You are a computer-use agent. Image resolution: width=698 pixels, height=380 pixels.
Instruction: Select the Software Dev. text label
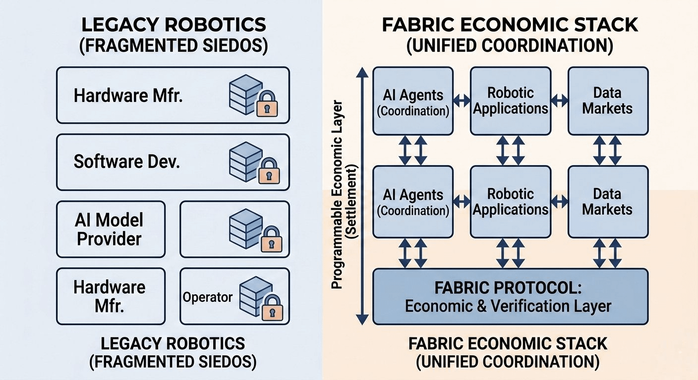tap(126, 162)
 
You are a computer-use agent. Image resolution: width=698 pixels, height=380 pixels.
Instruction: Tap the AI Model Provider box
tap(111, 229)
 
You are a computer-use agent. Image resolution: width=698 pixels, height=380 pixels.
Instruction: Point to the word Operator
tap(208, 297)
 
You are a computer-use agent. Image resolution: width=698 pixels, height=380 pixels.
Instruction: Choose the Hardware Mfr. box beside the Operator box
tap(111, 296)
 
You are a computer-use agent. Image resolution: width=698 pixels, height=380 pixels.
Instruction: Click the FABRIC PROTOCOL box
tap(510, 296)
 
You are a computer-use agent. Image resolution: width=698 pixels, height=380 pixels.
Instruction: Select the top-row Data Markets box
tap(608, 101)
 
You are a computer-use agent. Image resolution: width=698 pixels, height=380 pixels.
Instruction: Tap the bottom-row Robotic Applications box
tap(510, 201)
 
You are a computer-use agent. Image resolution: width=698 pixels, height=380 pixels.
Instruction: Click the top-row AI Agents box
tap(413, 101)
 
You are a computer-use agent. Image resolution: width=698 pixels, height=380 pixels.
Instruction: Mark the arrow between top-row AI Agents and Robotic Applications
tap(462, 100)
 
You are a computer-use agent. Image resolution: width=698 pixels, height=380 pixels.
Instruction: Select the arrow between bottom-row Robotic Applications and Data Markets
tap(559, 201)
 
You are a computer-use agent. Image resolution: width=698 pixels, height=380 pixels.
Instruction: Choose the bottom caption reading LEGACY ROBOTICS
tap(173, 343)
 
